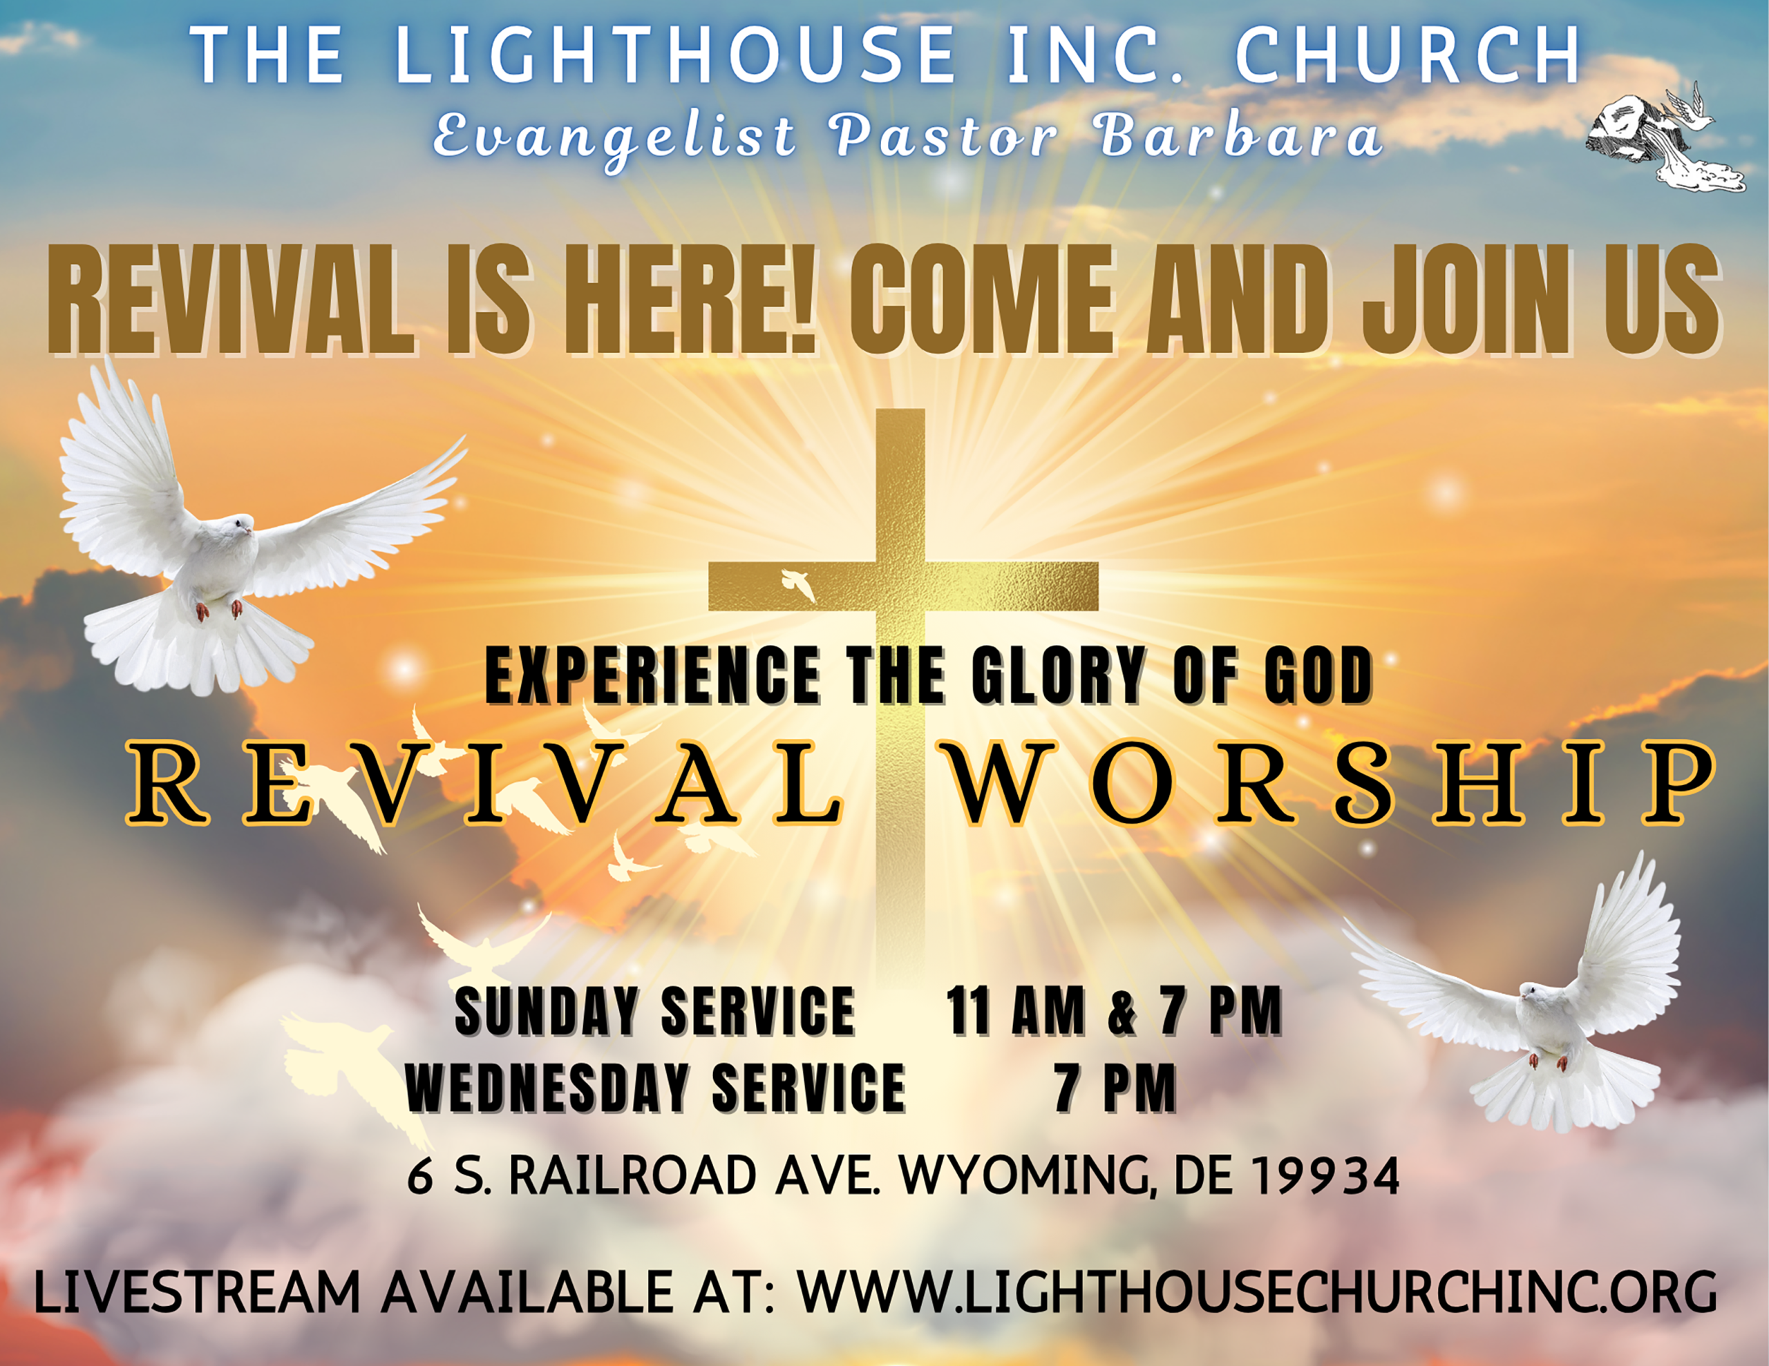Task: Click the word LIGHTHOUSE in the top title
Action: (676, 55)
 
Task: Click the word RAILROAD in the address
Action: (632, 1177)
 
